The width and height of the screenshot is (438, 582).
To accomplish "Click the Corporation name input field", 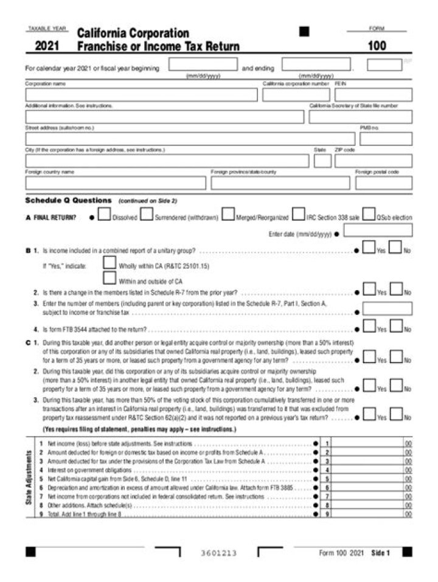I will pos(141,95).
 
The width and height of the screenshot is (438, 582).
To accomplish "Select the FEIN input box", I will pos(373,95).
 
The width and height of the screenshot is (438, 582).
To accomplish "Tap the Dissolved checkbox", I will pos(104,215).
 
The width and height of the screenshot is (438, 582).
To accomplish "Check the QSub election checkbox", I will pos(369,215).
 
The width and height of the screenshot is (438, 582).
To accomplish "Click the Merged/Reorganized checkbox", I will pos(228,215).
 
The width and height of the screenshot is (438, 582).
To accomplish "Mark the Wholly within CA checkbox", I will pos(109,263).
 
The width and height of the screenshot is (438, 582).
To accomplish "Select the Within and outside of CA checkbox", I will pos(109,279).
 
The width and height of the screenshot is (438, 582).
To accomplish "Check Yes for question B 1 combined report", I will pos(369,248).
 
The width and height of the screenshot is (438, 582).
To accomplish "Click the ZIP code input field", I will pos(373,161).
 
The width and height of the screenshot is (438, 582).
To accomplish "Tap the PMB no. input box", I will pos(386,139).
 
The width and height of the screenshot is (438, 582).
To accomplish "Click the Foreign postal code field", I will pos(383,183).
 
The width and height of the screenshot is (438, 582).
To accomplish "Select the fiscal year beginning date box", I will pos(203,64).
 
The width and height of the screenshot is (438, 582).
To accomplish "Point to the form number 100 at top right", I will pos(377,46).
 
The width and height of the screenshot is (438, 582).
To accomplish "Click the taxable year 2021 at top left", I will pos(47,46).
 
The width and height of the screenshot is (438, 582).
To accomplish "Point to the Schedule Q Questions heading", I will pos(68,200).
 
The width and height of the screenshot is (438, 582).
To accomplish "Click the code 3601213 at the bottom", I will pos(218,553).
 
